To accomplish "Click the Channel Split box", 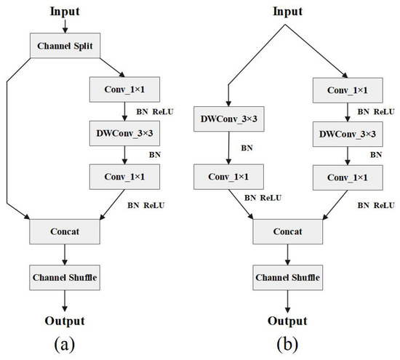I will click(x=66, y=47).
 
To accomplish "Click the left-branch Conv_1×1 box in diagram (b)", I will click(x=228, y=177).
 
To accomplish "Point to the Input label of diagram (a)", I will click(x=66, y=11).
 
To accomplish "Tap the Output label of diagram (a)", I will click(x=66, y=321).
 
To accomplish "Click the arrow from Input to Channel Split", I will click(x=66, y=26).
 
